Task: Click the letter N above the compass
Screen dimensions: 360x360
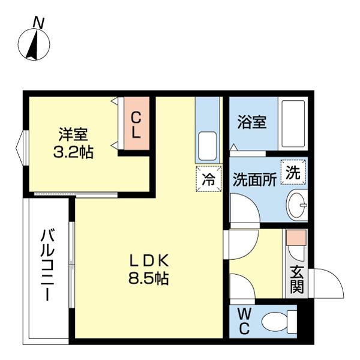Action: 38,23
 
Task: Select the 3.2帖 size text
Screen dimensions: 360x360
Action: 73,152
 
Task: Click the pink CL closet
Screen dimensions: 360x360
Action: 137,124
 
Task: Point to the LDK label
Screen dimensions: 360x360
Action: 149,261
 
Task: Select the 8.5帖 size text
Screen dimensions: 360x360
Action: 149,278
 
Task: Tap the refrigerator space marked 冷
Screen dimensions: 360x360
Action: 209,179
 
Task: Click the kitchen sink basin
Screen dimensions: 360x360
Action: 208,146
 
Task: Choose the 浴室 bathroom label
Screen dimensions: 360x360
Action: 252,122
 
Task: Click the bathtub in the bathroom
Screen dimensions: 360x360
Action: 293,123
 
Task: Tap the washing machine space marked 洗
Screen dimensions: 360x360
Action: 293,172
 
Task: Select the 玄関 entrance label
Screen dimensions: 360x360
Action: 296,280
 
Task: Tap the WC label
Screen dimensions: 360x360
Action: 244,321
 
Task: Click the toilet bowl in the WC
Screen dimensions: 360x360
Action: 275,321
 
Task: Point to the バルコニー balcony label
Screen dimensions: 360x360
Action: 47,265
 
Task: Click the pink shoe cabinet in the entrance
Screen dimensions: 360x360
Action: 296,237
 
